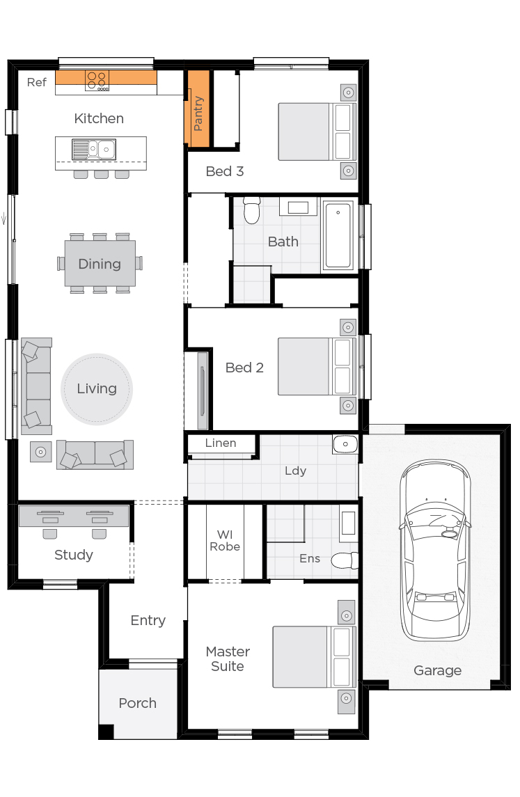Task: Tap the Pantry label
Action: click(x=198, y=114)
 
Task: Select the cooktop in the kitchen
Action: click(x=97, y=81)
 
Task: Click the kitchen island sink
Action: click(x=93, y=149)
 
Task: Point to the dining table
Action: click(x=100, y=264)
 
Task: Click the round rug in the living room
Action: click(x=97, y=389)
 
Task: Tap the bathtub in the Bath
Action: click(x=338, y=235)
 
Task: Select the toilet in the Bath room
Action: click(x=251, y=210)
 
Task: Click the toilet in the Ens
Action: click(x=344, y=560)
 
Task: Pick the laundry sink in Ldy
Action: click(x=345, y=444)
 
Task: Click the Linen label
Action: click(x=221, y=443)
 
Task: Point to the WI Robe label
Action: click(x=224, y=541)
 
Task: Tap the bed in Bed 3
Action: click(x=317, y=132)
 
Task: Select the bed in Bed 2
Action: click(x=317, y=366)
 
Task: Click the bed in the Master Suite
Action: click(x=313, y=656)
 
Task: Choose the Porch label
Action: click(x=137, y=703)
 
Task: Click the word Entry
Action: click(x=148, y=620)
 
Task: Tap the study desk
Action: click(x=73, y=516)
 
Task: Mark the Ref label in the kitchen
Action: click(x=37, y=82)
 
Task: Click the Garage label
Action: click(x=437, y=670)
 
